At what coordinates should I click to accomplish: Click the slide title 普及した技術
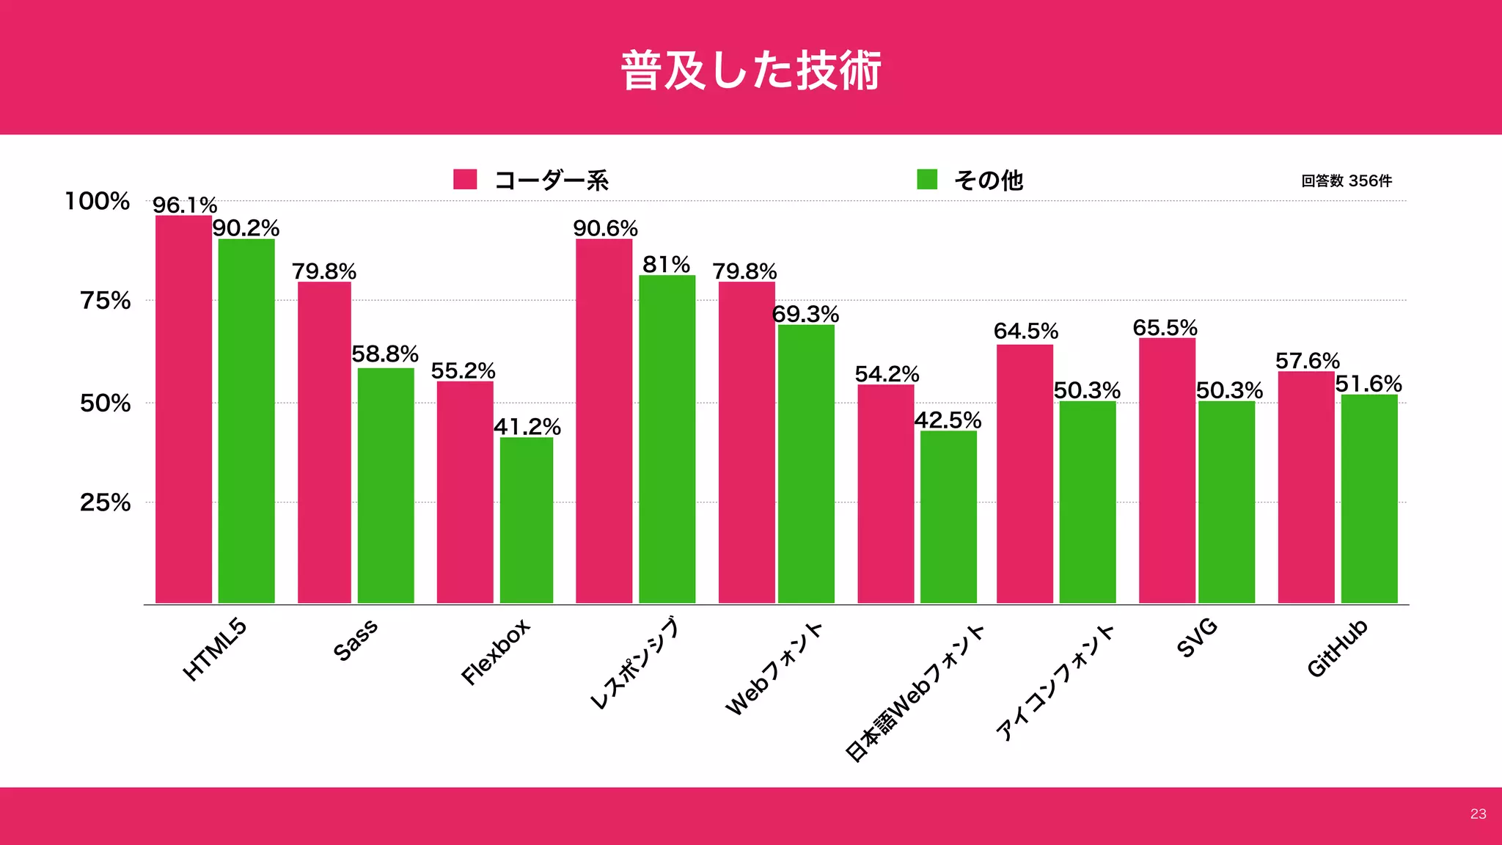[751, 70]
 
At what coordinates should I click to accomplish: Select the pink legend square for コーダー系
[465, 180]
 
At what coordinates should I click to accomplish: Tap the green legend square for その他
[927, 180]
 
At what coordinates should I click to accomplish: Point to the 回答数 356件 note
[1347, 181]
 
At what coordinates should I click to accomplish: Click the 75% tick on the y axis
[106, 301]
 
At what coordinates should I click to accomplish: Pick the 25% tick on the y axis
[106, 503]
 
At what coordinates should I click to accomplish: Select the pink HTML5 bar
[183, 411]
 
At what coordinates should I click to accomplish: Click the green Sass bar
[386, 486]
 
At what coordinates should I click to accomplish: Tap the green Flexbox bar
[527, 521]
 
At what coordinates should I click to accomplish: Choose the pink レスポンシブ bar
[604, 422]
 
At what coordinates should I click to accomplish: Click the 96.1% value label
[185, 205]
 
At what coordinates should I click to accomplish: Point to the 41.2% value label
[527, 427]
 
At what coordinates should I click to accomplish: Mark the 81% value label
[666, 265]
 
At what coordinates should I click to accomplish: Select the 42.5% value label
[948, 420]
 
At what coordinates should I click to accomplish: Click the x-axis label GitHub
[1338, 648]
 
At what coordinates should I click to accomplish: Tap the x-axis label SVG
[1197, 638]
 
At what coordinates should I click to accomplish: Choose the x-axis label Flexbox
[495, 652]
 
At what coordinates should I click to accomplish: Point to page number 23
[1478, 814]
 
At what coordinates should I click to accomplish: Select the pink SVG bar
[1167, 471]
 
